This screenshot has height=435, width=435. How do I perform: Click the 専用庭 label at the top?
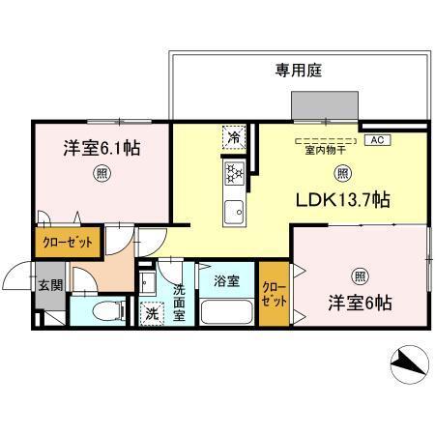point(297,71)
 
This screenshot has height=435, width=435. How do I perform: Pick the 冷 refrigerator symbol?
point(233,137)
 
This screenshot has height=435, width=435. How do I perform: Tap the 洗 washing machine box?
point(153,312)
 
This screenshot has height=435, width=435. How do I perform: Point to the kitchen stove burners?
point(233,174)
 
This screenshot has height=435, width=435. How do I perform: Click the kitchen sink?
point(233,211)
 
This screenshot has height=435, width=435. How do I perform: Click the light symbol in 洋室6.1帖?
point(101,174)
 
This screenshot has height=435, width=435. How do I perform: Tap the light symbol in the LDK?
point(341,173)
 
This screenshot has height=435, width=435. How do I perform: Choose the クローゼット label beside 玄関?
point(67,242)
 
